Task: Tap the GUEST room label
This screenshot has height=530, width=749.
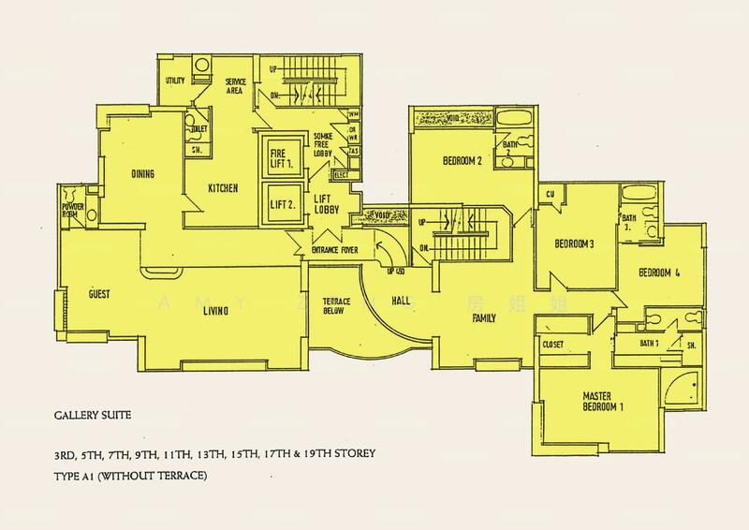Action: click(99, 294)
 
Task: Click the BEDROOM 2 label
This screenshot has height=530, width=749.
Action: click(462, 161)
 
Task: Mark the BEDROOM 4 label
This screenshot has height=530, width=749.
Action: click(660, 273)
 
